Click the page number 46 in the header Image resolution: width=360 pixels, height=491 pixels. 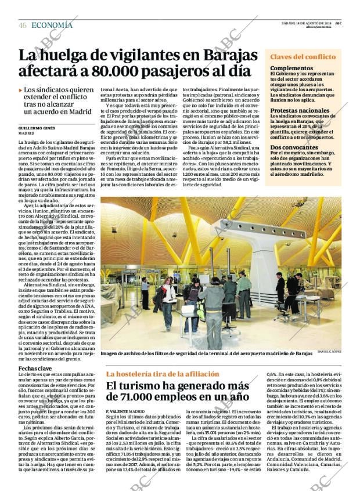23,25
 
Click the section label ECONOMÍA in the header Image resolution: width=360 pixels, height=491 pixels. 52,25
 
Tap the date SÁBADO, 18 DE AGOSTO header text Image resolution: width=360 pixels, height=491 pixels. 311,23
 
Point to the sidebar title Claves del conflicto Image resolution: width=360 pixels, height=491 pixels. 303,57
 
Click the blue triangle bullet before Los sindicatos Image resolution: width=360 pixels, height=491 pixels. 21,91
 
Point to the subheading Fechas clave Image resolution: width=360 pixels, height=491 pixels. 35,369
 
